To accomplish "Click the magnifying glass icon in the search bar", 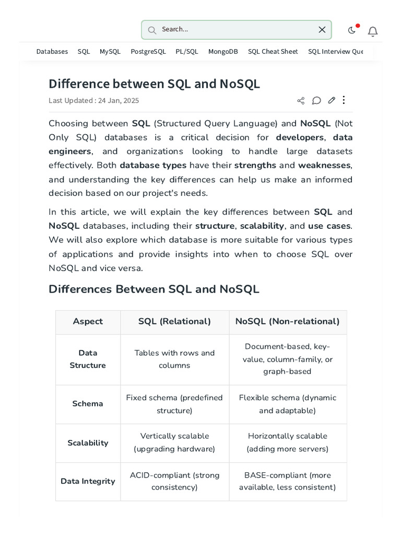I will point(152,30).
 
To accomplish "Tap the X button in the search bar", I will point(322,30).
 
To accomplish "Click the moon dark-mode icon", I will point(352,30).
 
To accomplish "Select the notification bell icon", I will point(373,31).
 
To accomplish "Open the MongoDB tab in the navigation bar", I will point(223,52).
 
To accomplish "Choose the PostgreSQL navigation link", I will point(148,52).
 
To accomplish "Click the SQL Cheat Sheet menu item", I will point(273,52).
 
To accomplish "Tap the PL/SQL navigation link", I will point(187,52).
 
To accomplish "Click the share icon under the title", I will point(301,101).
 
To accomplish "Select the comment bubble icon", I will point(316,100).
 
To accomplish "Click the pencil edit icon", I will point(332,100).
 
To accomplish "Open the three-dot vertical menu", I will point(344,100).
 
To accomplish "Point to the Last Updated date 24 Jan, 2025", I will point(119,101).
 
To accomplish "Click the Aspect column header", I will point(88,322).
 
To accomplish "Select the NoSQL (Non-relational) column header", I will point(288,322).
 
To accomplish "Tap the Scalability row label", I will point(88,443).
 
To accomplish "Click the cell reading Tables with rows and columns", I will point(174,359).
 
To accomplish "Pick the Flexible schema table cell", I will point(288,404).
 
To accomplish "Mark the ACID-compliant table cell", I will point(174,481).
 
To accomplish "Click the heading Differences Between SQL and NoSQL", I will point(154,289).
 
